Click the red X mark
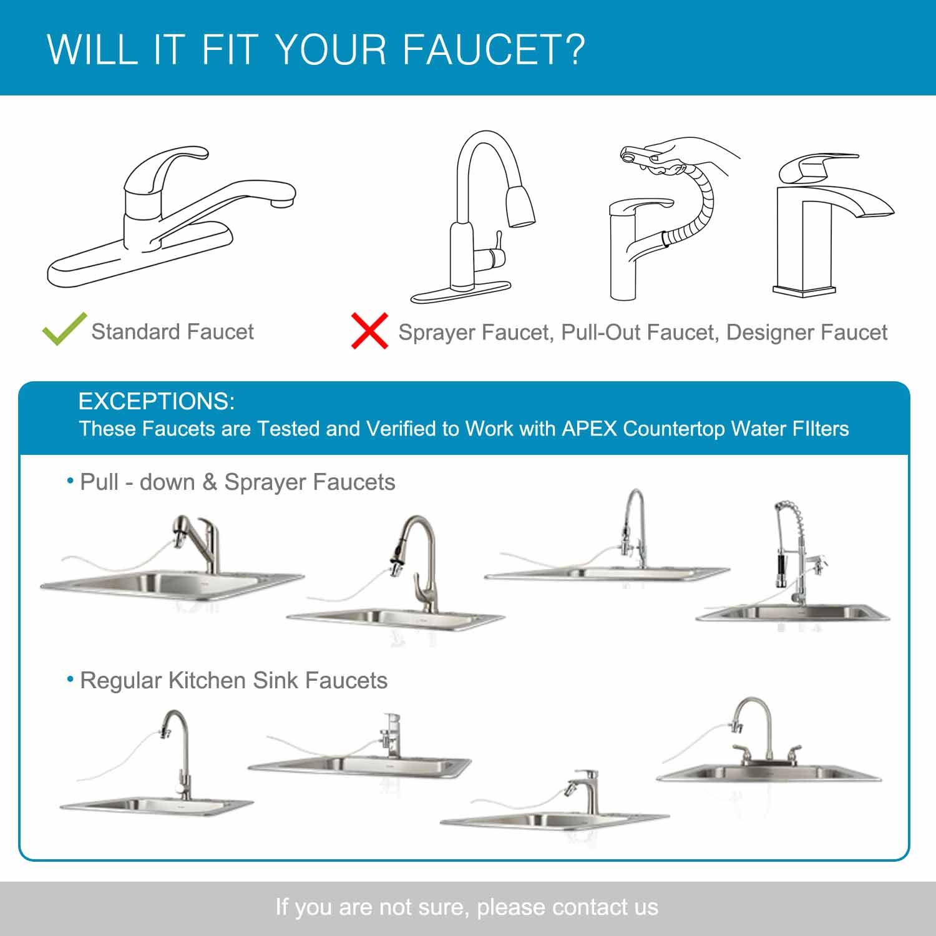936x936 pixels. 369,331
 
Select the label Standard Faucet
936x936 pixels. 173,331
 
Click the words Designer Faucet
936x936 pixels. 807,333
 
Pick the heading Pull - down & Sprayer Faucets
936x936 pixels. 237,482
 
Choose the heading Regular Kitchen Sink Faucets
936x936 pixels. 233,680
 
